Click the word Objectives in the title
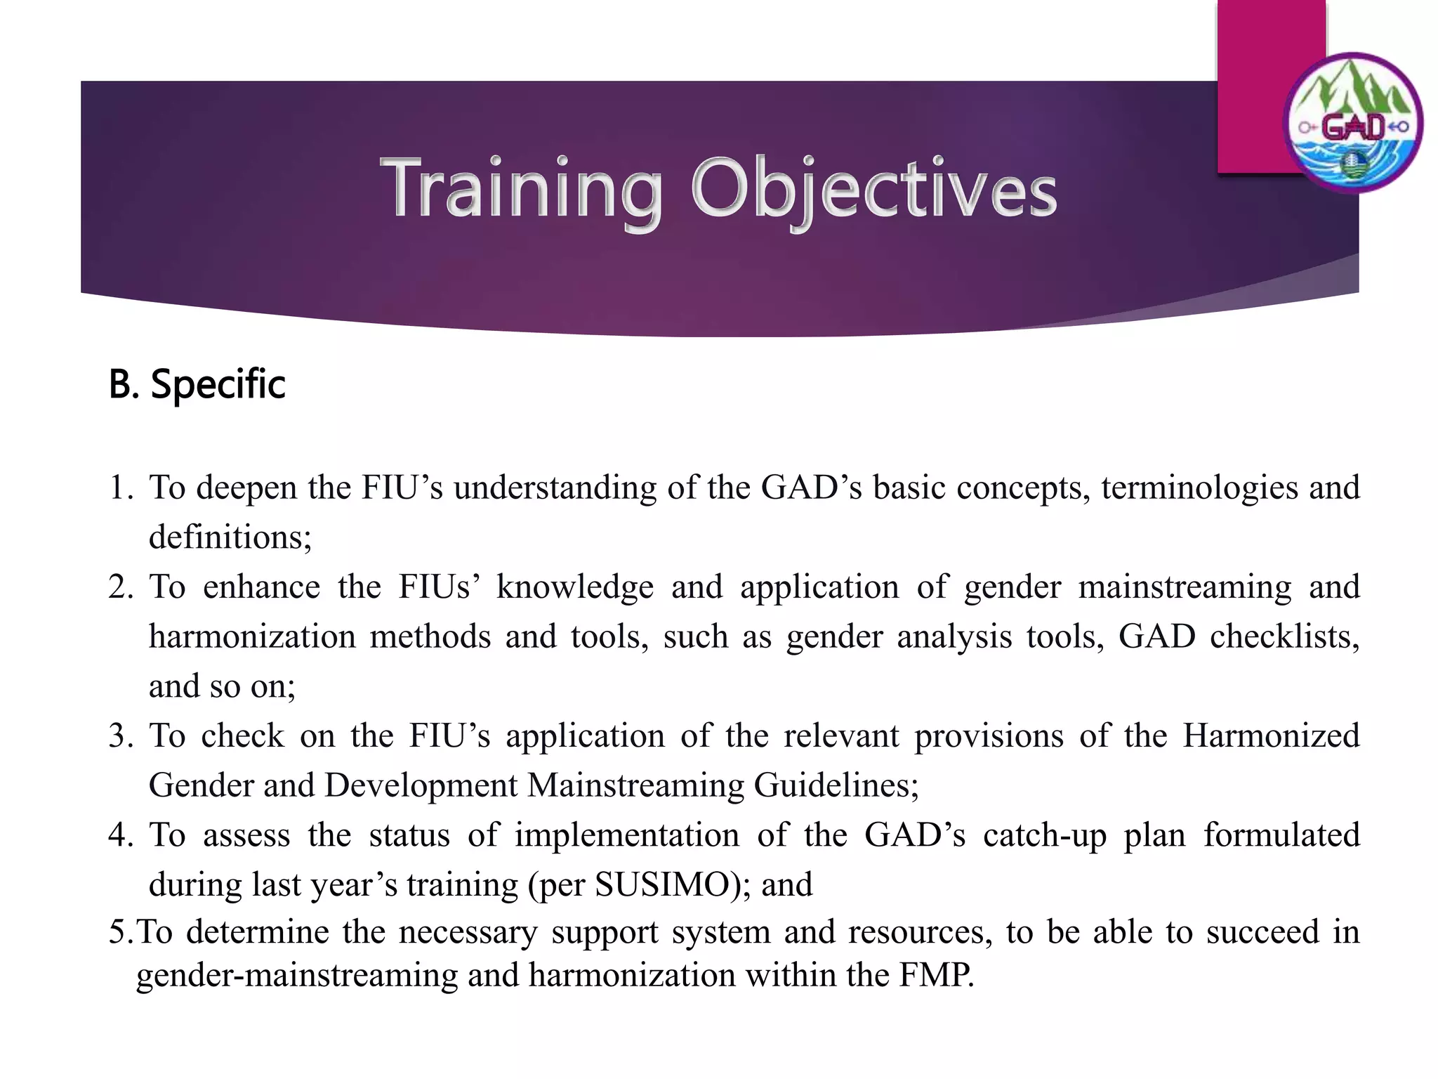873,188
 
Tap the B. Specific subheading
197,384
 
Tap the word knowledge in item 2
574,587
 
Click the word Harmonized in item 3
1271,736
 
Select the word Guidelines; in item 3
836,785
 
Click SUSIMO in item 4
662,884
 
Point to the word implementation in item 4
626,835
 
